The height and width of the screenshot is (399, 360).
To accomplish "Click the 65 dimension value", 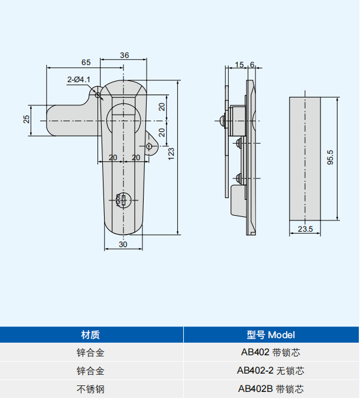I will tap(86, 61).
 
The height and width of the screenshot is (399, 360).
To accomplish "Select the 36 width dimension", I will tap(124, 55).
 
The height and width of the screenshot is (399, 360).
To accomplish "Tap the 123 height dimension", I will tap(171, 153).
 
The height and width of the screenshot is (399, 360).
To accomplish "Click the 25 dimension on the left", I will tap(27, 119).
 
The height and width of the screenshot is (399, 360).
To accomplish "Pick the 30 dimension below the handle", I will tap(123, 244).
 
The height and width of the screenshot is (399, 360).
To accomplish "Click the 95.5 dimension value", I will tap(330, 158).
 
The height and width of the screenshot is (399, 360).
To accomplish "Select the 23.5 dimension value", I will tap(305, 229).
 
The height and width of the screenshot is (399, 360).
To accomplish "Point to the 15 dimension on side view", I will tap(238, 64).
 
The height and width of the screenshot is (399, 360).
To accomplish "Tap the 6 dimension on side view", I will tap(252, 64).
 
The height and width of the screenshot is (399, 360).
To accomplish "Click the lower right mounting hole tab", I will tap(151, 147).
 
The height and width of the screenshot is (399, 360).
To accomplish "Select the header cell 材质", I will tap(90, 335).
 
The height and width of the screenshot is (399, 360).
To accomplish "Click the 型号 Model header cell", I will tap(271, 335).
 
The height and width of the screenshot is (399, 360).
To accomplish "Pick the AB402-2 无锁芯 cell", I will tap(271, 371).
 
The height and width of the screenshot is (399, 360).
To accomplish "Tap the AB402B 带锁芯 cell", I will tap(271, 389).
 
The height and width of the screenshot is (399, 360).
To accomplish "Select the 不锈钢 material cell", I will tap(90, 389).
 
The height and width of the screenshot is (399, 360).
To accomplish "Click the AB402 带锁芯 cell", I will tap(271, 353).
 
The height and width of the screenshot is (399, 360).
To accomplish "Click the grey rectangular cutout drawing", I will tap(305, 158).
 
